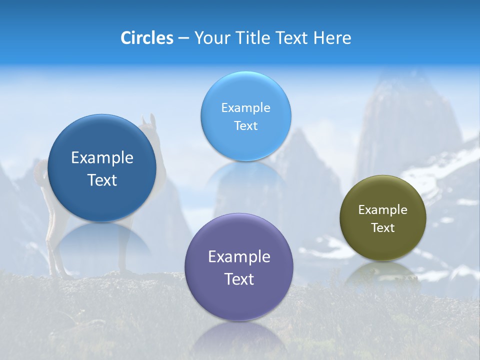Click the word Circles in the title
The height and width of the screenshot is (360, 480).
click(146, 38)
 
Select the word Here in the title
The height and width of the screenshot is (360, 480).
click(332, 38)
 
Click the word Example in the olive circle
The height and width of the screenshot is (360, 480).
click(383, 210)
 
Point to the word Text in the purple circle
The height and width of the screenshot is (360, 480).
click(239, 279)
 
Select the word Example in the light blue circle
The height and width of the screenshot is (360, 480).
click(245, 108)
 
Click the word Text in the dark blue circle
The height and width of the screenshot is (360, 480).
click(102, 180)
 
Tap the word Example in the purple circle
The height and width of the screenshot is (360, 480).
click(239, 257)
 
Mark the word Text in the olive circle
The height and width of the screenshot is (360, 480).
click(383, 228)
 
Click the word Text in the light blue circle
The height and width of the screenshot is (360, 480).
click(245, 126)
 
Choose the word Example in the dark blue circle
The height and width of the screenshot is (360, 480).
click(102, 158)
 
